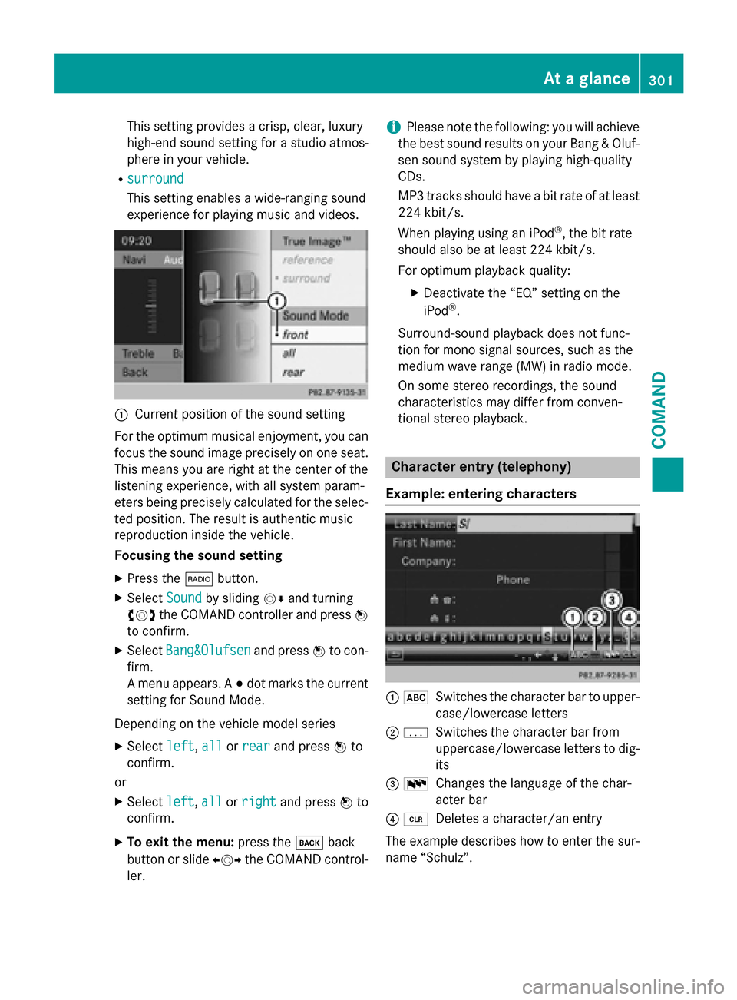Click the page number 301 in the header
660,79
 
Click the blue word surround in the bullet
155,179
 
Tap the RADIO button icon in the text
199,579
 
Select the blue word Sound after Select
183,598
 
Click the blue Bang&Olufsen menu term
208,651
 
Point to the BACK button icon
309,843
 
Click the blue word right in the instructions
259,802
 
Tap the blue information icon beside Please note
393,127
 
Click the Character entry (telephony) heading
481,467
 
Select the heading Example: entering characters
481,494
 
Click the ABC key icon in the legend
416,697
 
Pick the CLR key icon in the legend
416,820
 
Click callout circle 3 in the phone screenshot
611,600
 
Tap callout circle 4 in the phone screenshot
629,617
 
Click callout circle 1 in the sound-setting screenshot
276,301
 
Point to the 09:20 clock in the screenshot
137,241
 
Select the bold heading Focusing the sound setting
198,555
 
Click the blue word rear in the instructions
256,747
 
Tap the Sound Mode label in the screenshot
316,316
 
